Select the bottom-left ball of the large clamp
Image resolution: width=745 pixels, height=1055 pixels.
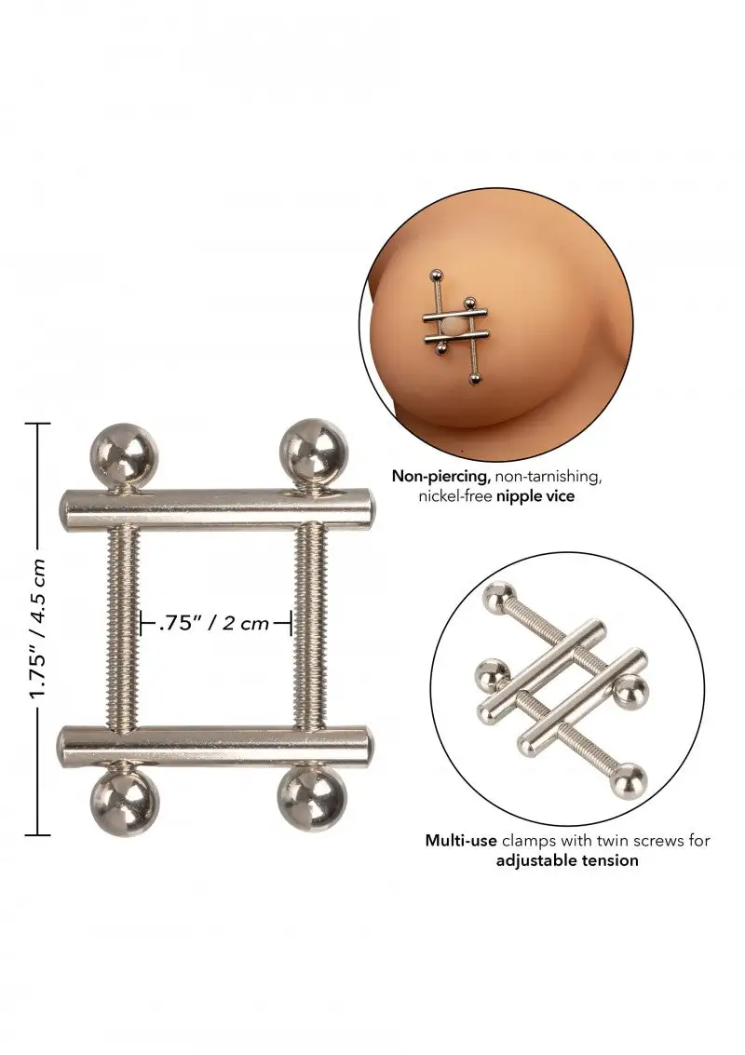(125, 804)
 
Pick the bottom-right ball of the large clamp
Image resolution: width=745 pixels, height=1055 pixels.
(311, 803)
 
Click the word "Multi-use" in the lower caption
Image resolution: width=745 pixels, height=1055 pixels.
(460, 840)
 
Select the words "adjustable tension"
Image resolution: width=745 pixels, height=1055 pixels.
(567, 859)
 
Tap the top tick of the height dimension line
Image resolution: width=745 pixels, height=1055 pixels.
(37, 424)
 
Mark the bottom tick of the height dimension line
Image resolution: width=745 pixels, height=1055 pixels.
(37, 833)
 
